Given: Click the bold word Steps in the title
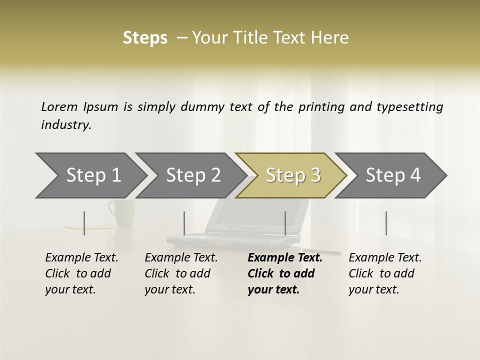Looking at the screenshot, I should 145,38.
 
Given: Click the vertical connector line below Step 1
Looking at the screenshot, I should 84,223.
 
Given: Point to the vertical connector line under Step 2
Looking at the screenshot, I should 184,223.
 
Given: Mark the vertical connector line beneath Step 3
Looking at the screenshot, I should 285,223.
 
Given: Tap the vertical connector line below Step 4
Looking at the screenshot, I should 386,223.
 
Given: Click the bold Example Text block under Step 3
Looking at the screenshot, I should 285,273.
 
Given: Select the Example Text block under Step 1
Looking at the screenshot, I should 81,273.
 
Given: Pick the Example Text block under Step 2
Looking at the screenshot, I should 181,273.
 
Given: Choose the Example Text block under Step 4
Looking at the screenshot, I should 385,273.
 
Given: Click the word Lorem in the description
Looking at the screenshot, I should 59,107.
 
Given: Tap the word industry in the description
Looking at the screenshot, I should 65,125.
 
